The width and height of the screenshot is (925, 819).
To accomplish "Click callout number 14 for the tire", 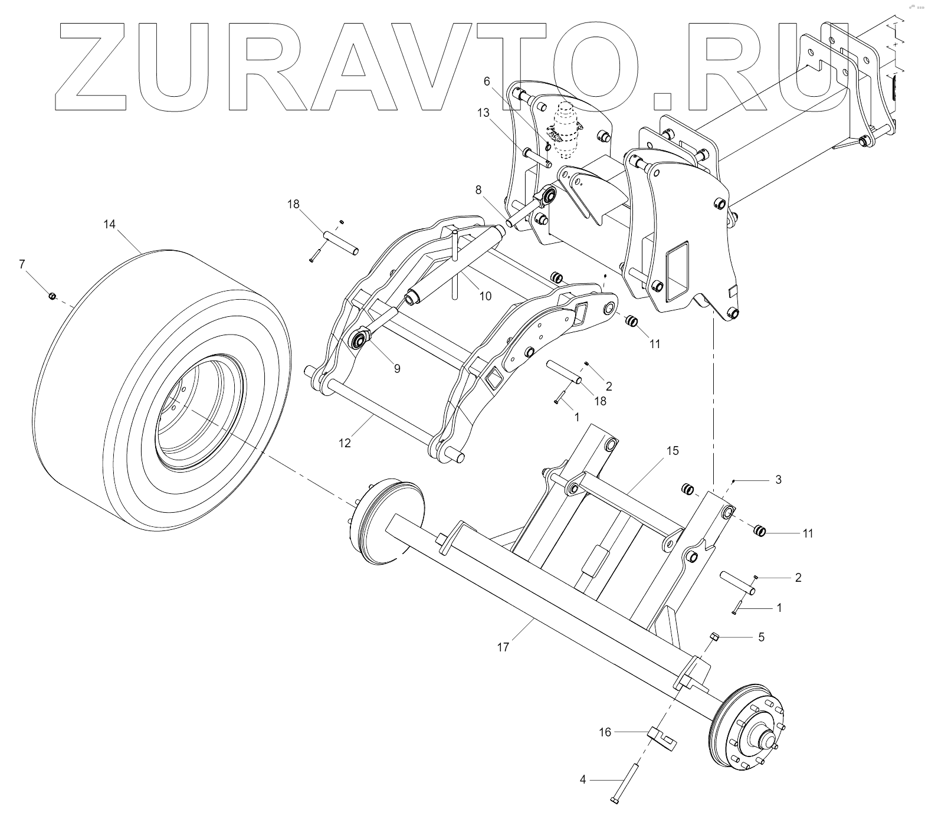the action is pos(109,224).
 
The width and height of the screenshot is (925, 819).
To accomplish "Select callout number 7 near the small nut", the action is pos(22,264).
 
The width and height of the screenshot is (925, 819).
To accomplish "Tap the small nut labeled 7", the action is pos(52,296).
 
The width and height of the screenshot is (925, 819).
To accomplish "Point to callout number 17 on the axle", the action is pos(503,647).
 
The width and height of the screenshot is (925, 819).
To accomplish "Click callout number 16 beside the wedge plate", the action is pos(605,732).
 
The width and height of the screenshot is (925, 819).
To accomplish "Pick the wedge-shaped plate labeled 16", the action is pos(662,738).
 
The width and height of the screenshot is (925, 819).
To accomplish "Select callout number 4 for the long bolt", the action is pos(583,779).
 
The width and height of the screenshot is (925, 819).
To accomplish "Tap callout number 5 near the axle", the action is pos(761,637).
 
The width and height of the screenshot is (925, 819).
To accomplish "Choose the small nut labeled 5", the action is pos(713,635).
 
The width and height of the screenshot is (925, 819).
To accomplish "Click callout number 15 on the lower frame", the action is pos(673,451).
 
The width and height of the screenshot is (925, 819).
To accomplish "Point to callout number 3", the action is pos(778,480).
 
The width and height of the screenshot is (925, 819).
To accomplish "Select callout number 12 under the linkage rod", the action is pos(345,443).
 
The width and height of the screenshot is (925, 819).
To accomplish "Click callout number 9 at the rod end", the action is pos(397,368).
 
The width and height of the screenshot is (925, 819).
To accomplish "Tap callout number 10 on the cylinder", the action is pos(485,296).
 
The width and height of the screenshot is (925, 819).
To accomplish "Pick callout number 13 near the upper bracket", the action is pos(484,113).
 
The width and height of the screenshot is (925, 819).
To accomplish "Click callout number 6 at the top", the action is pos(487,81).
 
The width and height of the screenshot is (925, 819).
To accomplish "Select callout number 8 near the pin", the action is pos(478,190).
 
